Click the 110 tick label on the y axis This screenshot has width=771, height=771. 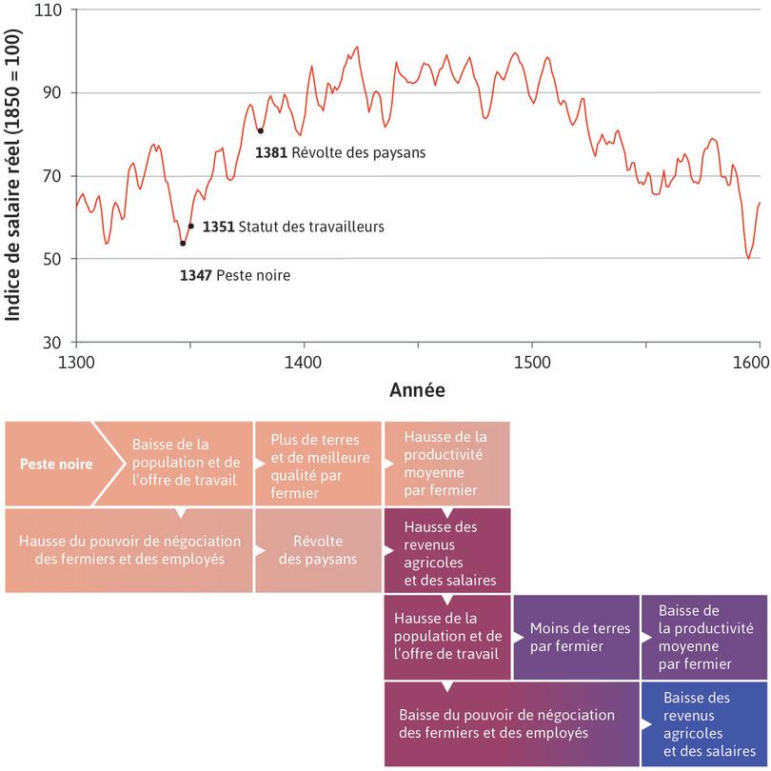[47, 10]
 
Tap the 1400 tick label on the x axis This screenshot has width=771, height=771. [304, 362]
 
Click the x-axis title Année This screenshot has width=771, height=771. [417, 390]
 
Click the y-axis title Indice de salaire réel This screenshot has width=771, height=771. [14, 176]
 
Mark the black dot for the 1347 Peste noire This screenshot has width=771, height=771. [183, 244]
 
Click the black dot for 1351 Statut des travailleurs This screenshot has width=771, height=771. [191, 227]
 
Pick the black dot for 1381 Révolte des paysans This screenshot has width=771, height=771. [260, 130]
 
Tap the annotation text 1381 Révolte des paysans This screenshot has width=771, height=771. [340, 151]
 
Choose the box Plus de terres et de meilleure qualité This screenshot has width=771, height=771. [316, 465]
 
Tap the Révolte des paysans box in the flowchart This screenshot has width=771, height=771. [316, 549]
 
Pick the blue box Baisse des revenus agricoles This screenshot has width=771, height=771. [703, 724]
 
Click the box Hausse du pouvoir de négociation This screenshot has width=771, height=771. [128, 549]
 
